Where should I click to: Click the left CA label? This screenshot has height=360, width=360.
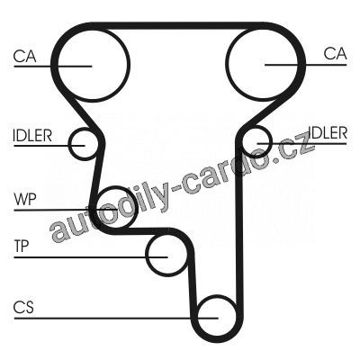[x=25, y=56]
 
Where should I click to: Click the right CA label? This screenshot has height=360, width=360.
[x=335, y=54]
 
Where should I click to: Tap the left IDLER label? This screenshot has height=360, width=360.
[x=32, y=135]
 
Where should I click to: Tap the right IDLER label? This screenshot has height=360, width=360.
[x=328, y=132]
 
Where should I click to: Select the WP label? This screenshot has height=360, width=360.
[x=25, y=199]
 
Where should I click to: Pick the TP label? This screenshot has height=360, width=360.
[x=22, y=246]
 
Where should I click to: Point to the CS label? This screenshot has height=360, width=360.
[x=23, y=307]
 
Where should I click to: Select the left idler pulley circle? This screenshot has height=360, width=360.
[x=69, y=144]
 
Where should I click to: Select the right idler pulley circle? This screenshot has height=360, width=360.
[x=272, y=141]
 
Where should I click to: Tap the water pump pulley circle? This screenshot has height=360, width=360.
[x=138, y=207]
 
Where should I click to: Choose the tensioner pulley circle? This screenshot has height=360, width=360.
[x=146, y=255]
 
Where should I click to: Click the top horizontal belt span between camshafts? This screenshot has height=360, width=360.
[x=177, y=25]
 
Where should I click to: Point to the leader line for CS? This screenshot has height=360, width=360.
[x=116, y=318]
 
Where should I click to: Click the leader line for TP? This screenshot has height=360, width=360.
[x=91, y=257]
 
